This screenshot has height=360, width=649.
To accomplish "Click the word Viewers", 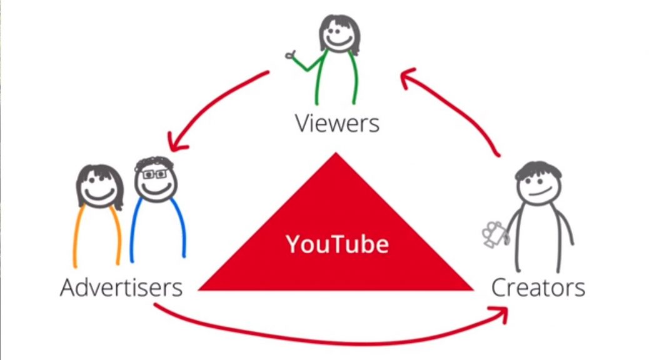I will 336,123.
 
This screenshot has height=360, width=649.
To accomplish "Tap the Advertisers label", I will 121,288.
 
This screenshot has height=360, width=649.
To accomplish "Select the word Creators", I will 538,288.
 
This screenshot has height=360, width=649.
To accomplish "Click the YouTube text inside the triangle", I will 337,244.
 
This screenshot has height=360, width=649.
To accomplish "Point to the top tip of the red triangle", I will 336,155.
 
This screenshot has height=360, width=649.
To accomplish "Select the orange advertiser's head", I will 99,186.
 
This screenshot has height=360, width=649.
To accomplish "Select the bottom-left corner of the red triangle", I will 201,289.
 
